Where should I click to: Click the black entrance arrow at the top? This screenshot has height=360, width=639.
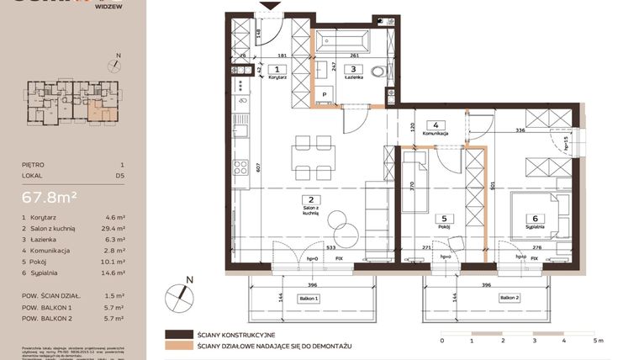(x=269, y=6)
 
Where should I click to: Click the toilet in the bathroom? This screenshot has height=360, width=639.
(x=379, y=72)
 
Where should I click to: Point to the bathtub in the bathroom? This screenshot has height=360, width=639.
(x=341, y=40)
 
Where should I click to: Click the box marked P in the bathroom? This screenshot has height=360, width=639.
(x=324, y=95)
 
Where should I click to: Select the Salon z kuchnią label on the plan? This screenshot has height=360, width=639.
(x=310, y=210)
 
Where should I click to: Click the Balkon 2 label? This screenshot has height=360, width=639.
(x=510, y=297)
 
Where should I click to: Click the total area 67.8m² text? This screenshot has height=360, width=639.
(x=50, y=197)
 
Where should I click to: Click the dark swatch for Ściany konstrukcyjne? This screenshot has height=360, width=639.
(x=180, y=334)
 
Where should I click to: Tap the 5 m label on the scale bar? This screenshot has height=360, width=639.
(x=598, y=341)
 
